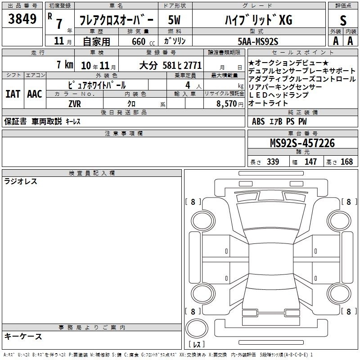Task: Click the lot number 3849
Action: tap(22, 19)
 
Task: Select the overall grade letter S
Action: tap(343, 20)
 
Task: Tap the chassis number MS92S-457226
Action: tap(302, 143)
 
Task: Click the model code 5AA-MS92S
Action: tap(258, 41)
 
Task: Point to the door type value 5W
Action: tap(174, 20)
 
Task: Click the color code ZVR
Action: tap(75, 104)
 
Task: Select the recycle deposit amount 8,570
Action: tap(227, 104)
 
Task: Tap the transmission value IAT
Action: tap(13, 94)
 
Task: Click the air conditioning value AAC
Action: tap(35, 94)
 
